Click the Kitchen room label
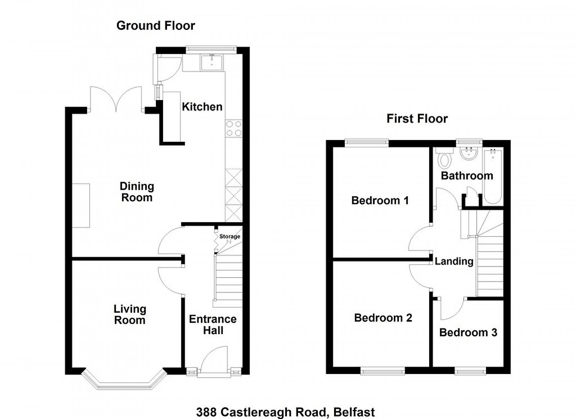tap(202, 107)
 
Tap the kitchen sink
tap(212, 63)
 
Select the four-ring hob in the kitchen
tap(234, 129)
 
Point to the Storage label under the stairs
tap(230, 236)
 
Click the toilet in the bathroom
tap(445, 157)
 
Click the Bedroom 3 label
tap(468, 333)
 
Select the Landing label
tap(454, 261)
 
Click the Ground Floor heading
tap(156, 26)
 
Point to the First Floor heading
tap(417, 119)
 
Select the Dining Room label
tap(137, 192)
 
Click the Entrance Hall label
tap(213, 325)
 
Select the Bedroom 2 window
tap(383, 371)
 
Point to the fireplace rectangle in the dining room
tap(81, 206)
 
